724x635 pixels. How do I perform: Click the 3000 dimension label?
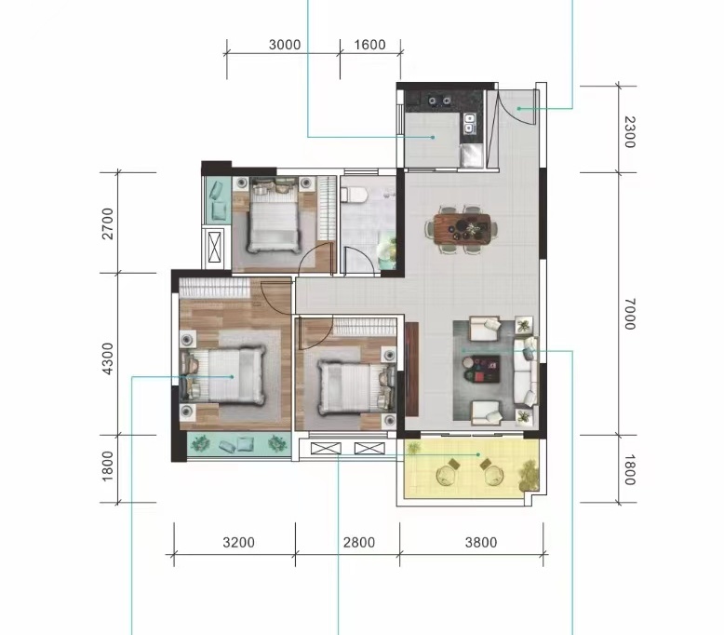[285, 45]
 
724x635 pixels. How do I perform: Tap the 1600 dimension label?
[369, 45]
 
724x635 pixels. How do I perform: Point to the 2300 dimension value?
[630, 132]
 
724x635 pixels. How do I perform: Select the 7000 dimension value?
[630, 314]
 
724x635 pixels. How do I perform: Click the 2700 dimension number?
[107, 223]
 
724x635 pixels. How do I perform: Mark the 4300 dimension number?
[107, 358]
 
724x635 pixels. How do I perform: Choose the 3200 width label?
[239, 542]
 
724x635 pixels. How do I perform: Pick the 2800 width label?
[359, 542]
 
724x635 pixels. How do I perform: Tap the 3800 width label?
[481, 542]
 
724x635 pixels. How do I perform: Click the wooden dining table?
[463, 229]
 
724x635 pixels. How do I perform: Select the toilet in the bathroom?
[354, 195]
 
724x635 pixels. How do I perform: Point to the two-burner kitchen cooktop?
[439, 100]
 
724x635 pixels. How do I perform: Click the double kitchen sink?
[469, 122]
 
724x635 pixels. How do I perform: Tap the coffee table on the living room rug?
[482, 369]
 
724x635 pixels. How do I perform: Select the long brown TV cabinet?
[411, 369]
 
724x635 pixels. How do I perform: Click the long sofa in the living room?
[526, 372]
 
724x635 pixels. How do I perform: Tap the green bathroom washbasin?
[387, 251]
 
